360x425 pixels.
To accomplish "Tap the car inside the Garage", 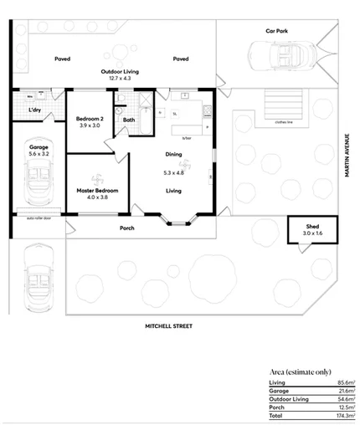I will [x=39, y=182].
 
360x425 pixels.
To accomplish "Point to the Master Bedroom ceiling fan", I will [x=96, y=177].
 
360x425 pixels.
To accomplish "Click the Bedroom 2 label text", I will [x=89, y=118].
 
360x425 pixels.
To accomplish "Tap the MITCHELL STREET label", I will [x=168, y=325].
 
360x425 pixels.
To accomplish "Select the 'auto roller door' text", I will [x=39, y=218].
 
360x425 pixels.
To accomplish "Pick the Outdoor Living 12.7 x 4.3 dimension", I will [x=120, y=79].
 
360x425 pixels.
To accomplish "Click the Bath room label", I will [x=128, y=120].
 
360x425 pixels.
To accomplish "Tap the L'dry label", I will [x=35, y=110].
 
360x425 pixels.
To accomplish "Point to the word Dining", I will [x=173, y=154].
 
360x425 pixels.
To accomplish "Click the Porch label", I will [x=127, y=228].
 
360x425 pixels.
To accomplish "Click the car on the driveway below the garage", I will [x=39, y=279].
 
